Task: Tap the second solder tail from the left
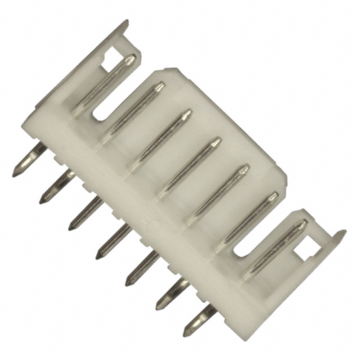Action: [53, 188]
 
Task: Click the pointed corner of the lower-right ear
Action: [344, 232]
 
